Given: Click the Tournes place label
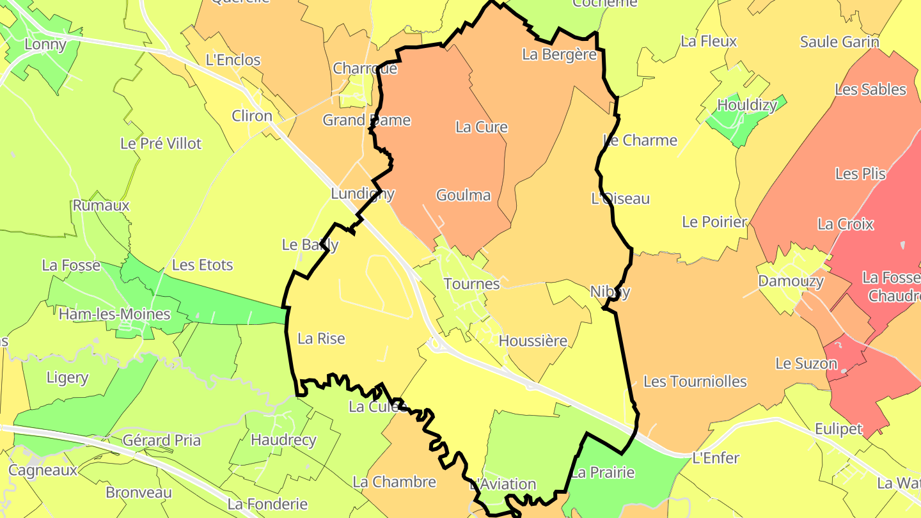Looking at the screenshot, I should click(471, 283).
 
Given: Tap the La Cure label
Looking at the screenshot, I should click(481, 127).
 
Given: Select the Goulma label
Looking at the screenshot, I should click(463, 195).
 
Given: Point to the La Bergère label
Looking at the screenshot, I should click(559, 54).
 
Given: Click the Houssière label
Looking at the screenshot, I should click(533, 341).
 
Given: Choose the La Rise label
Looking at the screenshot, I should click(322, 338).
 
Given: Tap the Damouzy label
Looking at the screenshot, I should click(791, 281).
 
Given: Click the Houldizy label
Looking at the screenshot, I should click(747, 104).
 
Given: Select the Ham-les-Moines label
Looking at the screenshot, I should click(114, 314).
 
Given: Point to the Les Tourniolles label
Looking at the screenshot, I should click(695, 382).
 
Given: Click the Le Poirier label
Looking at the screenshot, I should click(714, 222).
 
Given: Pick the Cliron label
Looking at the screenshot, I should click(252, 116).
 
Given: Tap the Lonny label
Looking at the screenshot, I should click(45, 44).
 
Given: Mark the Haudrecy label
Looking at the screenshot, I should click(283, 440).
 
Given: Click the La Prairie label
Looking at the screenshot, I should click(602, 473).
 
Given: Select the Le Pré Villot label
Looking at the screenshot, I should click(161, 143).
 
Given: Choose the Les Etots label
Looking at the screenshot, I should click(202, 265).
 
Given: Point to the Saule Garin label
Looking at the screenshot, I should click(839, 42).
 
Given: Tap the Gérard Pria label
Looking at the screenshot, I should click(161, 440).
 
